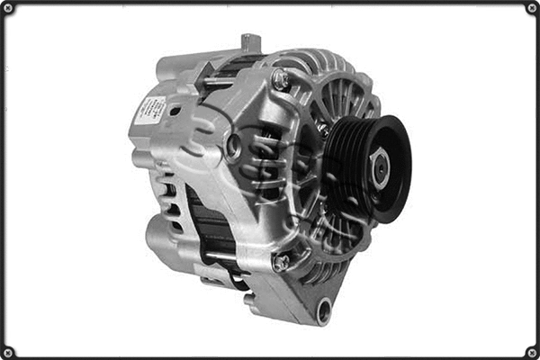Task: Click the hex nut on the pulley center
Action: [381, 170]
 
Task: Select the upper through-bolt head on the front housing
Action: [280, 80]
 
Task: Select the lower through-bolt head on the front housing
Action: [281, 262]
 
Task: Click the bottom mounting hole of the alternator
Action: [323, 310]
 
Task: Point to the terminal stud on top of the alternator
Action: [250, 43]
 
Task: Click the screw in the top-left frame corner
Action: [8, 8]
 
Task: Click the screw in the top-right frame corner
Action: [531, 8]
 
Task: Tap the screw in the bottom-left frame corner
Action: [8, 352]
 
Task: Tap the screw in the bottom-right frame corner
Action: [531, 352]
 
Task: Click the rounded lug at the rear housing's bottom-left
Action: [162, 236]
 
